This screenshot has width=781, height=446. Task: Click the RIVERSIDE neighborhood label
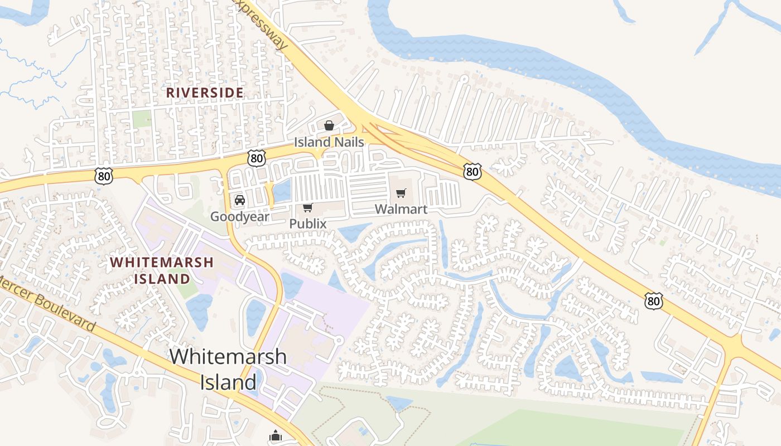[x=205, y=93]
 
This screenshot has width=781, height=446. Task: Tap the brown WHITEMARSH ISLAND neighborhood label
[x=162, y=270]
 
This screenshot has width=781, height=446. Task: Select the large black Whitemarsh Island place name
[x=228, y=369]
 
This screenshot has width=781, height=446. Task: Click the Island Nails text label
[x=329, y=142]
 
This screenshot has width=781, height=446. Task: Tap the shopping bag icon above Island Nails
[x=329, y=125]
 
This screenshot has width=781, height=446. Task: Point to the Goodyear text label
[x=239, y=216]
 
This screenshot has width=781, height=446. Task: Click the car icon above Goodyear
[x=239, y=200]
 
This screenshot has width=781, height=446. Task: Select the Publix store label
[x=307, y=224]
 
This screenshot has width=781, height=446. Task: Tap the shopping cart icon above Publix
[x=307, y=208]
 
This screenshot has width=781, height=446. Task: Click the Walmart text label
[x=401, y=209]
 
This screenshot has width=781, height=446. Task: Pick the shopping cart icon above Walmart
[x=401, y=193]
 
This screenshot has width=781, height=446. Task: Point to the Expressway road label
[x=263, y=22]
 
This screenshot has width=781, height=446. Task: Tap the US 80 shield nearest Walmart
[x=472, y=172]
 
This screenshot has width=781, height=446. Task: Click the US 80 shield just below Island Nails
[x=257, y=158]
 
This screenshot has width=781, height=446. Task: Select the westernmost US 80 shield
[x=104, y=176]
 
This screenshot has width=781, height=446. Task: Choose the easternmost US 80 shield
[x=653, y=301]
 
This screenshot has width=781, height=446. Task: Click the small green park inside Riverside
[x=142, y=118]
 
